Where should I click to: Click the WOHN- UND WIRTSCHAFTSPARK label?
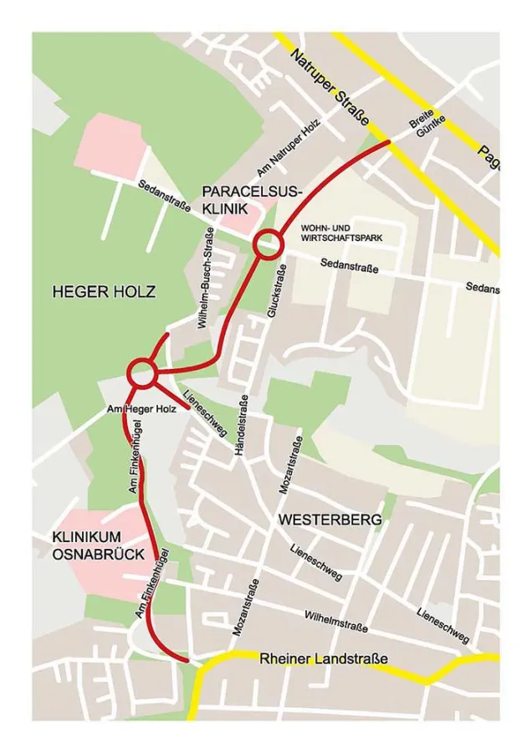click(341, 233)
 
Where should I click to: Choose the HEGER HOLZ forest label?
click(104, 292)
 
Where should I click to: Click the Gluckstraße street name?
click(276, 290)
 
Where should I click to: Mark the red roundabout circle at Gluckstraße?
click(269, 244)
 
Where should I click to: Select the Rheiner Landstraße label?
click(324, 659)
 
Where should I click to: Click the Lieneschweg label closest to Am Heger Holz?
click(205, 413)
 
